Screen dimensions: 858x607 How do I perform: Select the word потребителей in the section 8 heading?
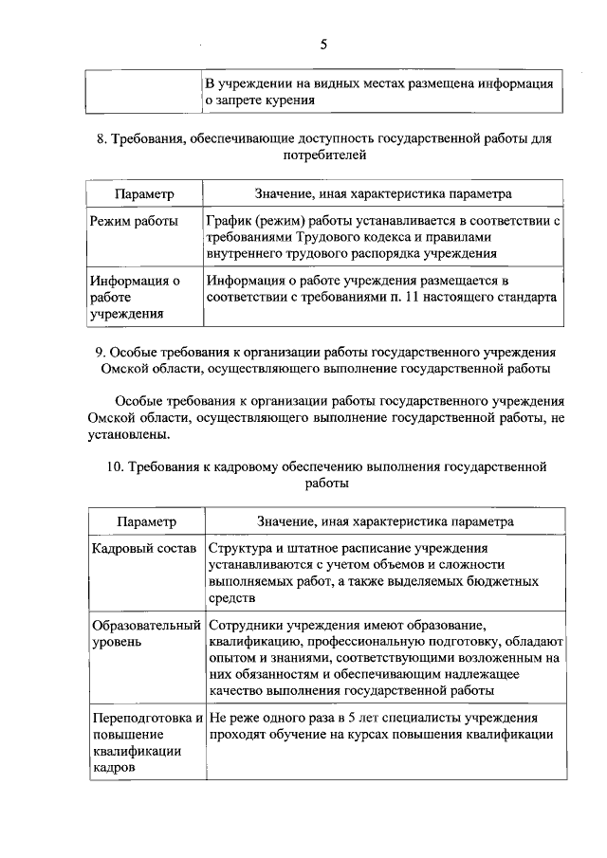click(322, 155)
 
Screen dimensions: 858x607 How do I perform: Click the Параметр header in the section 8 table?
click(144, 193)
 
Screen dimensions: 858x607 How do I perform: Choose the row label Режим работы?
click(134, 220)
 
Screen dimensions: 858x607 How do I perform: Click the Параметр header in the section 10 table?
click(146, 521)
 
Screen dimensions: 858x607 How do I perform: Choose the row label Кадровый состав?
click(143, 549)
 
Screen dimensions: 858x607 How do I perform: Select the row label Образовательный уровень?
click(146, 634)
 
